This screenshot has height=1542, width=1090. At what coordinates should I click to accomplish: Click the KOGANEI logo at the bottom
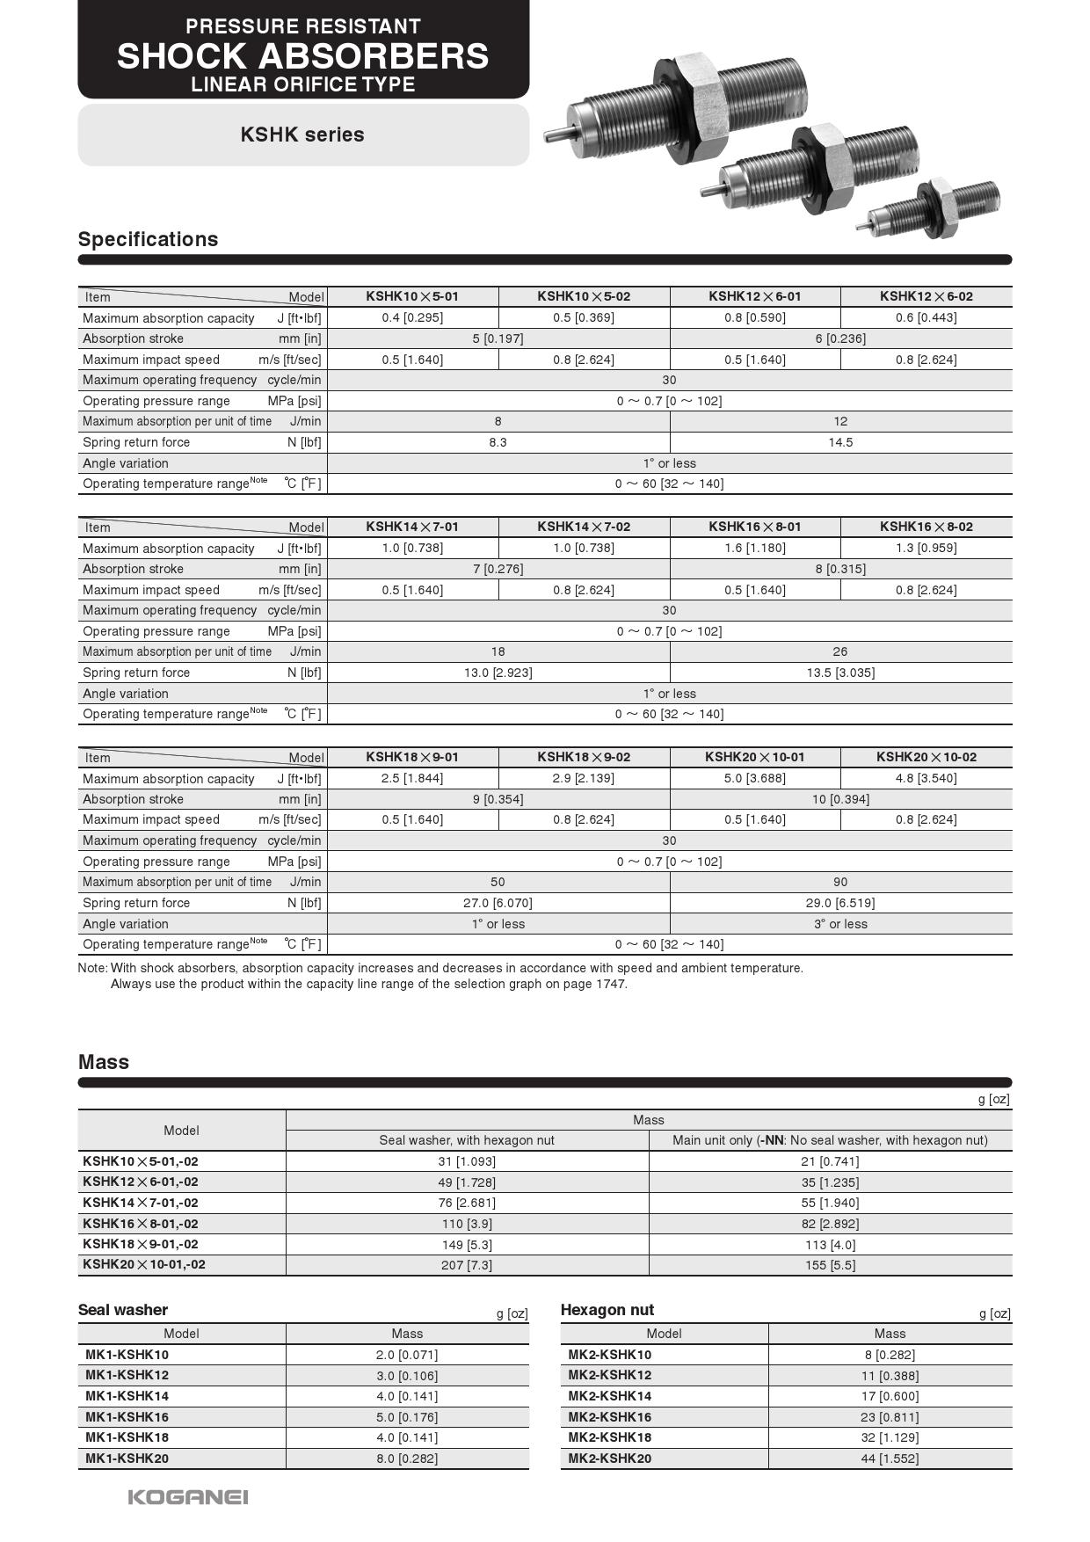[x=188, y=1497]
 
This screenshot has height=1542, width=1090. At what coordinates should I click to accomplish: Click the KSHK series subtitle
[x=302, y=135]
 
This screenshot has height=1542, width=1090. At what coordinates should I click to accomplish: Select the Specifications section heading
[x=148, y=239]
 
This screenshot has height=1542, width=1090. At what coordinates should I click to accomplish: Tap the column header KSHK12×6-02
[x=926, y=296]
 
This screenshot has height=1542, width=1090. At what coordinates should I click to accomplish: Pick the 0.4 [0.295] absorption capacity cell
[x=412, y=317]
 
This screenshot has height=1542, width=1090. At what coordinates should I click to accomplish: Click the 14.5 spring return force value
[x=840, y=442]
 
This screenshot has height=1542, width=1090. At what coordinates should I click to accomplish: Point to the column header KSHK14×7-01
[x=412, y=527]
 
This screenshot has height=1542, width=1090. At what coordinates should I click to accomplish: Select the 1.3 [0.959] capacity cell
[x=926, y=548]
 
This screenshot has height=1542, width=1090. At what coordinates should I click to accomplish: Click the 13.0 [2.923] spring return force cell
[x=498, y=673]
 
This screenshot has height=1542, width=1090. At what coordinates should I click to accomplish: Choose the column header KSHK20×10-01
[x=754, y=757]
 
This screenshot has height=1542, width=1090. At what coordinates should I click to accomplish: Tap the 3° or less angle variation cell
[x=840, y=924]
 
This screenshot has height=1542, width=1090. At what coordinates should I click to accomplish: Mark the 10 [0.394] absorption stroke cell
[x=840, y=799]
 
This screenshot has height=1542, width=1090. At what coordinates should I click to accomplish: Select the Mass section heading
[x=104, y=1062]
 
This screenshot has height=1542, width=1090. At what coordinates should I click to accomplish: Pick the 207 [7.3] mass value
[x=467, y=1265]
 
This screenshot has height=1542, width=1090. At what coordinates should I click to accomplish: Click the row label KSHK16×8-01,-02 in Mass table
[x=141, y=1224]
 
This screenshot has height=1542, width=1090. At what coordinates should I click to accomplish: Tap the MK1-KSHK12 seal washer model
[x=127, y=1375]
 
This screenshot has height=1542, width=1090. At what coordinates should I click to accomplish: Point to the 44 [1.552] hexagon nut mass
[x=890, y=1458]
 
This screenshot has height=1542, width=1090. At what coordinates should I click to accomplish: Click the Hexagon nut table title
[x=607, y=1310]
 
